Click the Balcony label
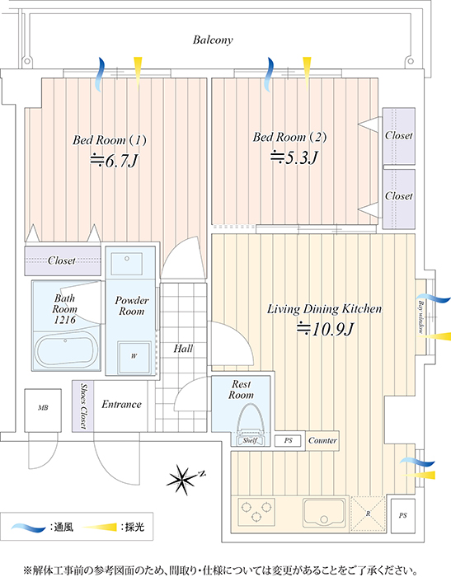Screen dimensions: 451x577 [213, 40]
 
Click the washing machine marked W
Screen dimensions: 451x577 [134, 356]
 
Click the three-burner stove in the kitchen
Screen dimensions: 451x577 [256, 512]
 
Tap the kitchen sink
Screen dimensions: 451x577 [324, 513]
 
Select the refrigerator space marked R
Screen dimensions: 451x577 [368, 514]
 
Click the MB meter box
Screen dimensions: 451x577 [43, 410]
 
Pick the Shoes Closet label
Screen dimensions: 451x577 [83, 406]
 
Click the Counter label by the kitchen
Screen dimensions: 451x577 [322, 440]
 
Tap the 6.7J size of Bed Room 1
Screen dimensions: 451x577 [114, 161]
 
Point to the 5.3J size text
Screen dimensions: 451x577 [294, 158]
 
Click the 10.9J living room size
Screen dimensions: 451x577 [326, 329]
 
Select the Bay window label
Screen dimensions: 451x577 [420, 317]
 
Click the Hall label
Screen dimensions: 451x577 [183, 348]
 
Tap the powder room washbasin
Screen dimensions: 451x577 [127, 264]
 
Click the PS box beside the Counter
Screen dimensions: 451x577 [288, 440]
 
